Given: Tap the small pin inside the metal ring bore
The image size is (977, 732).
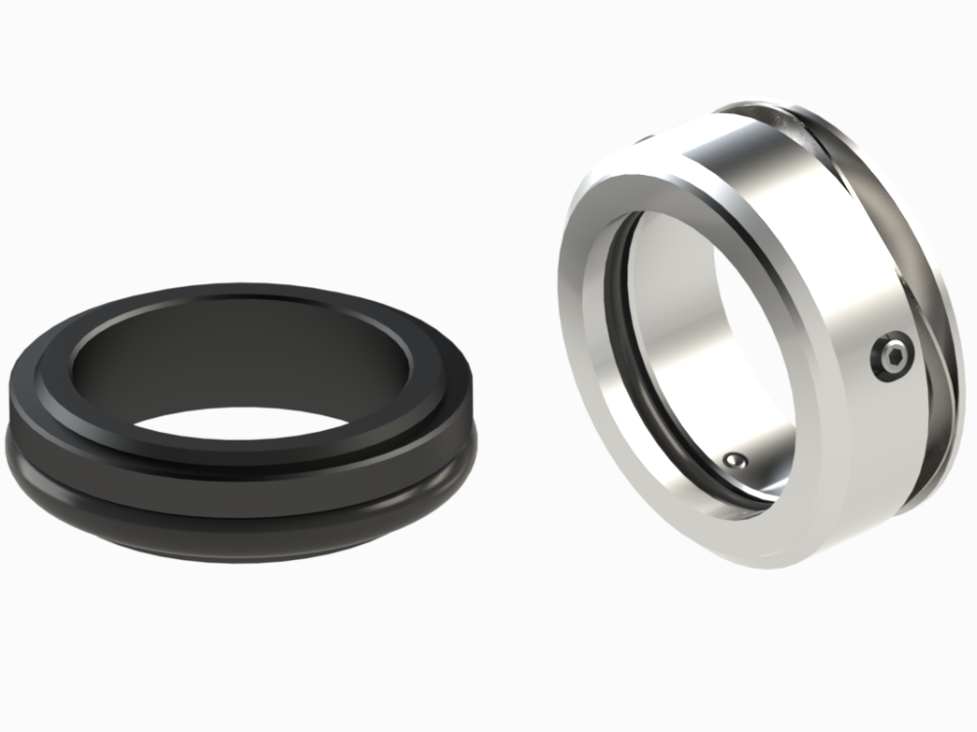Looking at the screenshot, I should (735, 459).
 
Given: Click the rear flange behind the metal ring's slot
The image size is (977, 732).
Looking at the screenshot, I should (928, 293).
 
